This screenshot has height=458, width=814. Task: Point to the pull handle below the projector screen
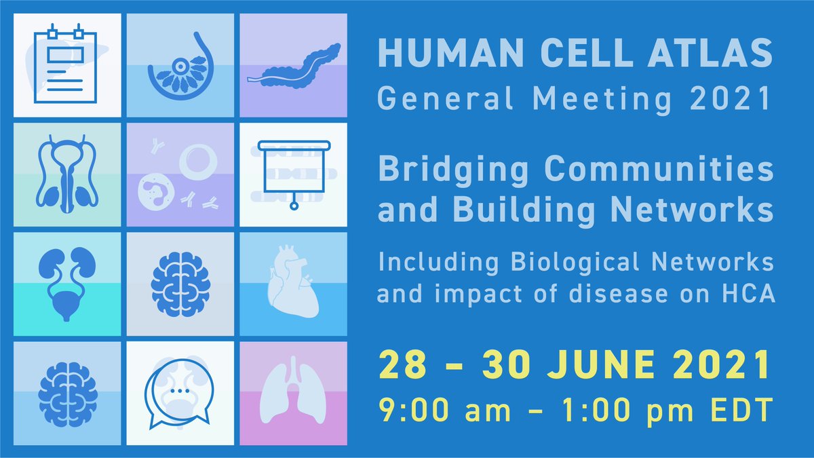[x=294, y=204]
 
